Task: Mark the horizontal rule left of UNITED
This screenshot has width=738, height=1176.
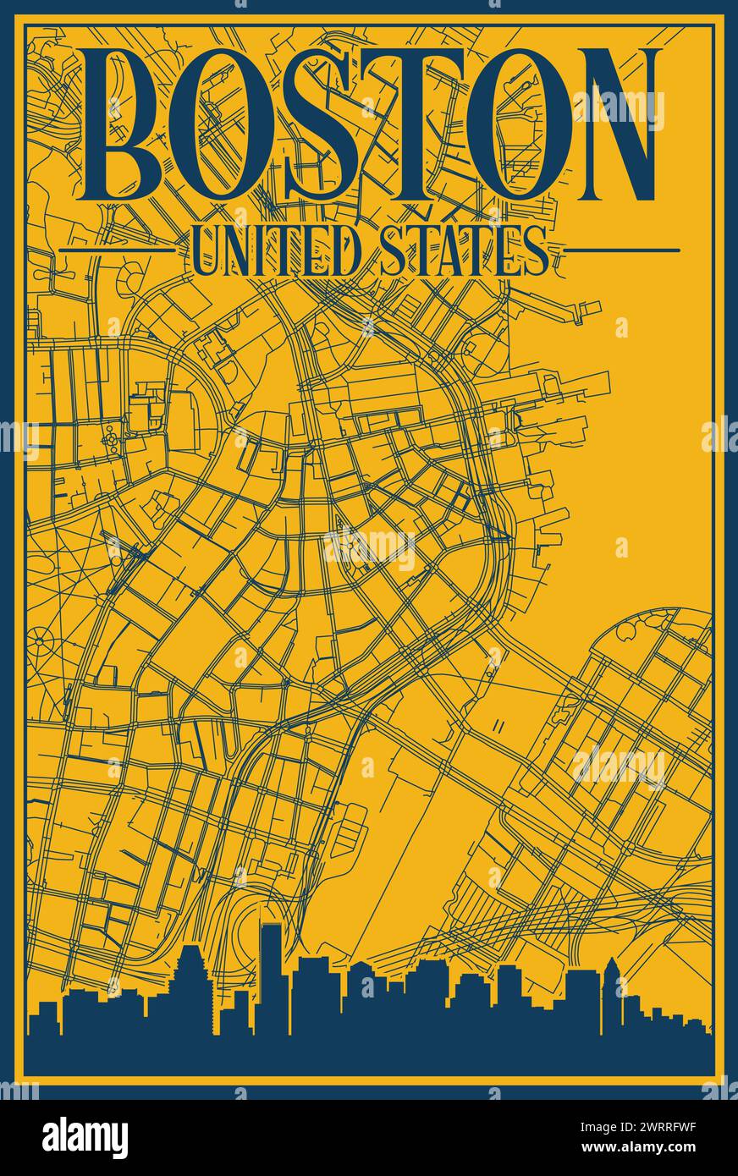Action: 117,250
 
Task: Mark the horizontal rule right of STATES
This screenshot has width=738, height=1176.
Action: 622,250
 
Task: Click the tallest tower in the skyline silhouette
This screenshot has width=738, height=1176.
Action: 271,973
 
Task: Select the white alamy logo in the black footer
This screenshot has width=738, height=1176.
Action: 85,1138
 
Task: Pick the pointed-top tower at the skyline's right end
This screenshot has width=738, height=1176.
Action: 610,990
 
